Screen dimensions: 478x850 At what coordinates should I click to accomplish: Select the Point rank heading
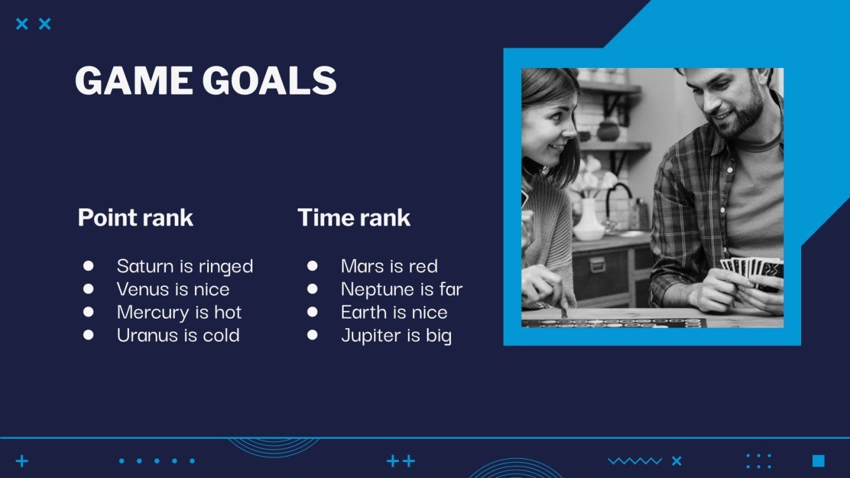135,218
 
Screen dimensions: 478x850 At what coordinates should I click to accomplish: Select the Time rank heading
354,218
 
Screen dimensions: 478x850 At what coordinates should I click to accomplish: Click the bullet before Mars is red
312,265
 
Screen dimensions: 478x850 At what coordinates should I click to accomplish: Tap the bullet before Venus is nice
88,289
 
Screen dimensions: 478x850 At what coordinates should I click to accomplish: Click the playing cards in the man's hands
753,269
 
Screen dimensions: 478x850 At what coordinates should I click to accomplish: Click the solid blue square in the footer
818,461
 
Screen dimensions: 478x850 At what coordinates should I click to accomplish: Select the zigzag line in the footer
635,461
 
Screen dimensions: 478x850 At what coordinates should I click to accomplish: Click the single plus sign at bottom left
22,461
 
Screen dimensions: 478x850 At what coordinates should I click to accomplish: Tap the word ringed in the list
226,266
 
